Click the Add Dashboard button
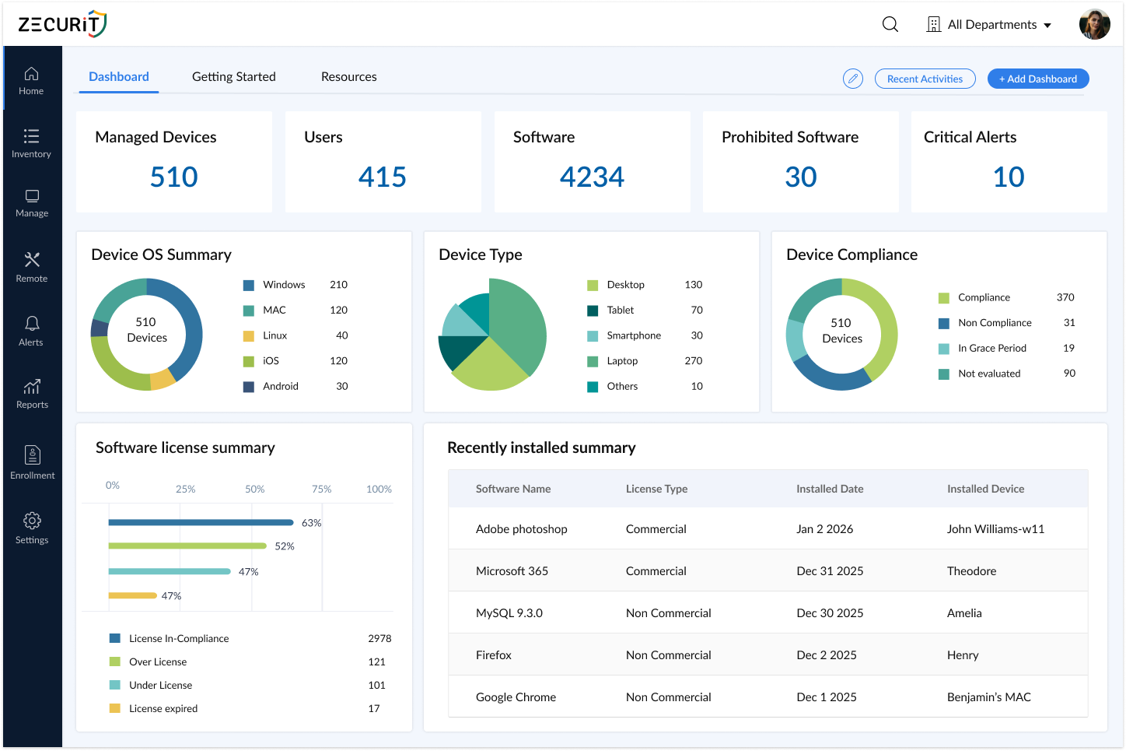click(x=1037, y=79)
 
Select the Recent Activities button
click(x=925, y=79)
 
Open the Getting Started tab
click(x=233, y=76)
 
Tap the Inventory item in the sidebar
click(x=31, y=143)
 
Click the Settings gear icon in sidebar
click(x=32, y=521)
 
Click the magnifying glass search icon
click(x=890, y=25)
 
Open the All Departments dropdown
click(x=989, y=25)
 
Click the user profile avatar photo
click(x=1094, y=25)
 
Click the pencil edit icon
click(x=853, y=79)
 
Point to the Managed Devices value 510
click(x=173, y=177)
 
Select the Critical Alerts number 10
click(x=1009, y=177)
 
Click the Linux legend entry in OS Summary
click(x=275, y=335)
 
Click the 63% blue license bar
click(x=201, y=522)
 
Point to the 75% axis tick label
click(x=321, y=490)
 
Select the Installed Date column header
click(x=829, y=489)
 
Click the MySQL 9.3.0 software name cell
click(x=509, y=613)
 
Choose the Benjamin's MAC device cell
click(x=988, y=697)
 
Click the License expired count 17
click(x=374, y=709)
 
